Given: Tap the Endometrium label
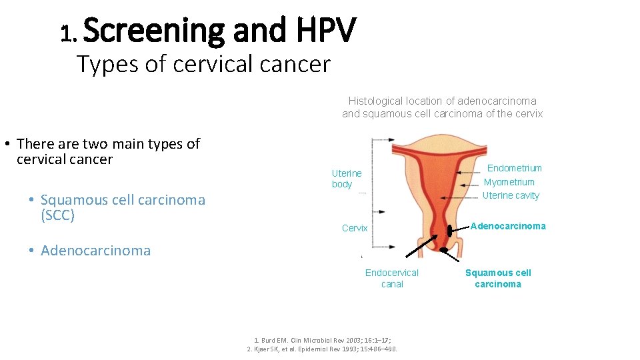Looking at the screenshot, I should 514,168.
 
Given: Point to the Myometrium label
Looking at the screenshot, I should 509,182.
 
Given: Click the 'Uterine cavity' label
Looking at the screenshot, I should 511,195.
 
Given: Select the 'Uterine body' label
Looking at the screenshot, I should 346,179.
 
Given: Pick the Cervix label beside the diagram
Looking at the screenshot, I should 354,228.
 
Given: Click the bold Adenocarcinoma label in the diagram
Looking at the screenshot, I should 508,226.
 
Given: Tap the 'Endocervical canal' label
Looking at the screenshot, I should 391,278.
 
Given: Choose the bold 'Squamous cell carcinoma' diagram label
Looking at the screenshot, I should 498,278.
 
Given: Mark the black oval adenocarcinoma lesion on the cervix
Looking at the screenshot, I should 449,231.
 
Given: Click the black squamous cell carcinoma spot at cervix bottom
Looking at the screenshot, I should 443,250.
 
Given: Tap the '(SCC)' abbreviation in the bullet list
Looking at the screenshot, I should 57,215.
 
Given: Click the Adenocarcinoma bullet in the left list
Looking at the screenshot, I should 95,251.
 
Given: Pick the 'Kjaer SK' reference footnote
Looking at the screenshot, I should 322,349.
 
